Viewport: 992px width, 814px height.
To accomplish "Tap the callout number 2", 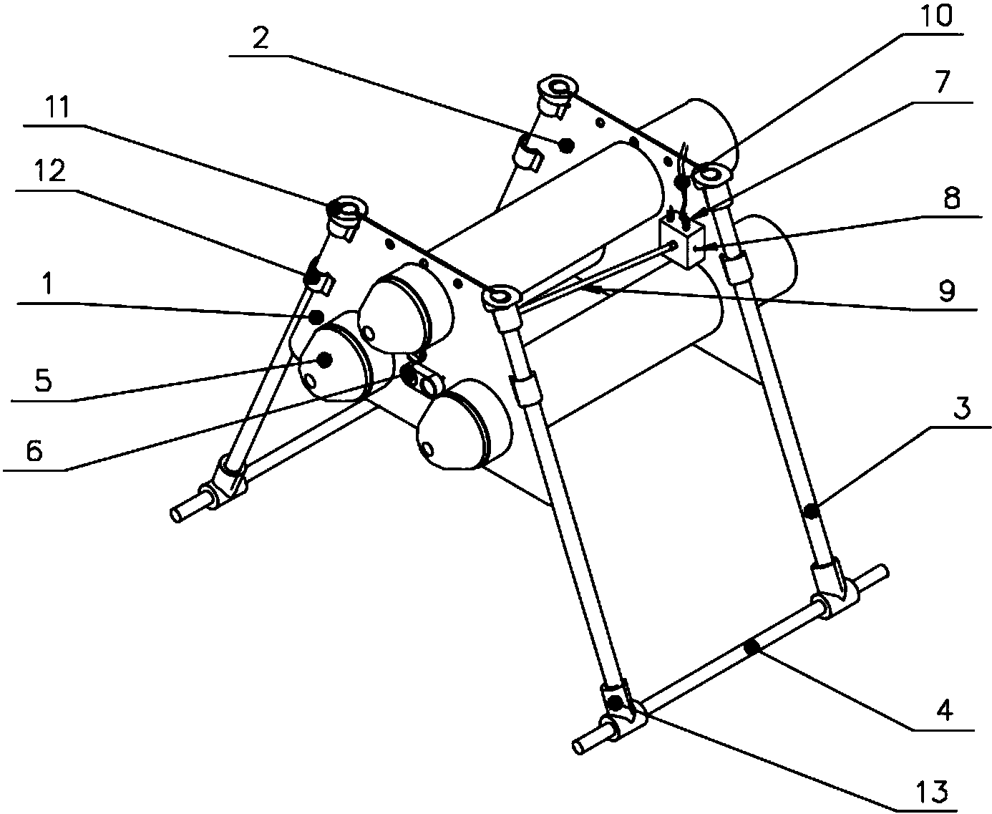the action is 261,37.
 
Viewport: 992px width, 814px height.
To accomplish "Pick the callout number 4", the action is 945,709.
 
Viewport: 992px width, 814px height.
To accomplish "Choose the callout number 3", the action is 961,407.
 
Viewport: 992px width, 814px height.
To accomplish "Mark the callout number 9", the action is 946,291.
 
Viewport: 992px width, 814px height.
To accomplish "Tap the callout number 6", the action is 34,450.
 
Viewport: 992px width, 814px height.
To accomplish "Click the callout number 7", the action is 941,82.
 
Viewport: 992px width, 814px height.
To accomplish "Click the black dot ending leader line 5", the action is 325,360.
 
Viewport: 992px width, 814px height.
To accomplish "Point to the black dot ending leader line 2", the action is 567,146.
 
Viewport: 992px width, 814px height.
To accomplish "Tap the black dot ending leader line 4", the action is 752,649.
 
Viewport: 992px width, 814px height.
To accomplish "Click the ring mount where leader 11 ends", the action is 347,209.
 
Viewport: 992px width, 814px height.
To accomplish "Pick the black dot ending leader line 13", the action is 615,704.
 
